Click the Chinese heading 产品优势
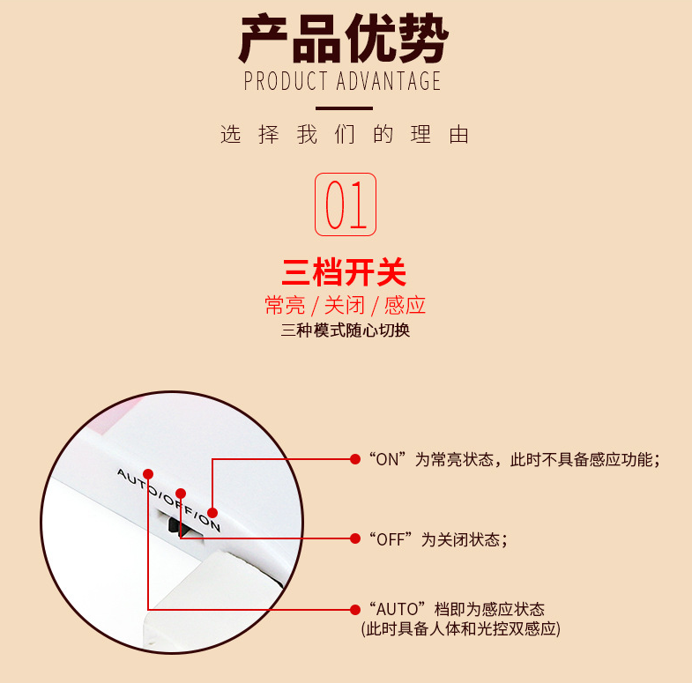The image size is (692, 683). click(344, 38)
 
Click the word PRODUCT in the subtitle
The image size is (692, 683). click(286, 81)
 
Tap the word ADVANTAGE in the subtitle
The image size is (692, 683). click(389, 81)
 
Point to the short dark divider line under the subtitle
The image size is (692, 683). click(344, 108)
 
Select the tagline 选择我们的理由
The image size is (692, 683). click(344, 135)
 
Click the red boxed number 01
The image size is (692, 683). click(346, 204)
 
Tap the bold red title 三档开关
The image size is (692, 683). click(344, 272)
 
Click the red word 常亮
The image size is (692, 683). click(285, 305)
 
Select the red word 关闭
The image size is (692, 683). click(345, 305)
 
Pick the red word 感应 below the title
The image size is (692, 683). click(405, 305)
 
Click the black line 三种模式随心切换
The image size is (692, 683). click(345, 330)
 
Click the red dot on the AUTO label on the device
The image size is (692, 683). click(148, 474)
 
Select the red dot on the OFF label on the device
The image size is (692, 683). click(181, 494)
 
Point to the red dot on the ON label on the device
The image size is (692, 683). click(212, 513)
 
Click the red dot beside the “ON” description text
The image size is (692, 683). click(355, 459)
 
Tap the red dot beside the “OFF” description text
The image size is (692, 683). click(355, 538)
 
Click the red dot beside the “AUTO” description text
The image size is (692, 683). click(355, 610)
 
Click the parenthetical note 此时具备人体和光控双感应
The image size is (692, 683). click(461, 628)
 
